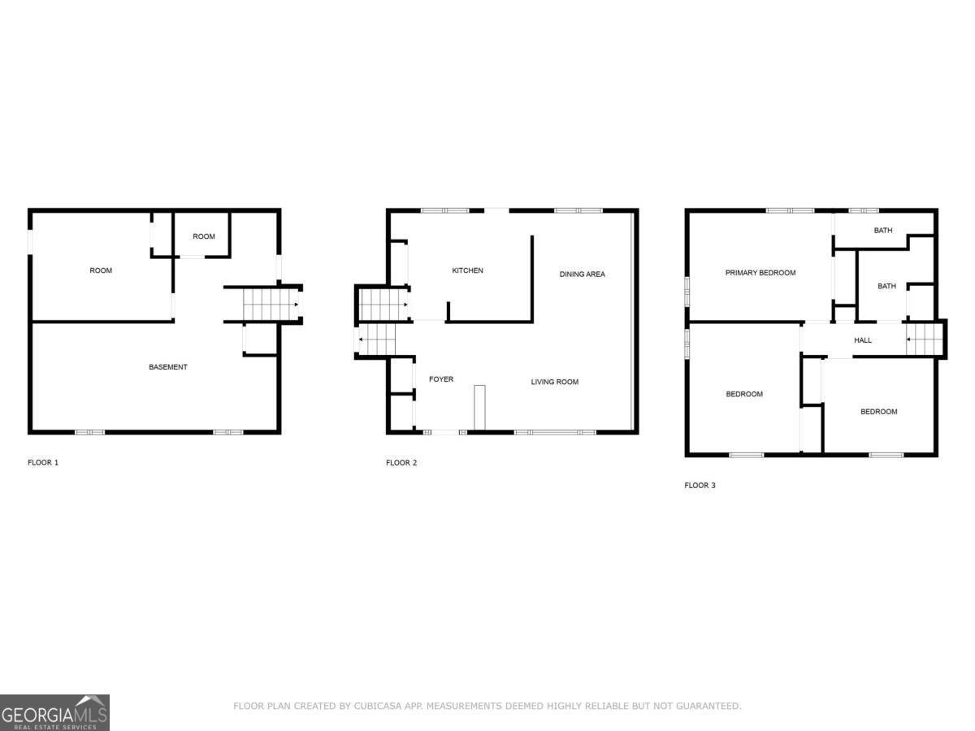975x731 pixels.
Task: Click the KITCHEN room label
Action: (467, 270)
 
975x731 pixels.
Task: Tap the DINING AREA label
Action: (582, 275)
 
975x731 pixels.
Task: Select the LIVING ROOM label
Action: (554, 382)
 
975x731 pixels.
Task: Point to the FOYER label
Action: (441, 379)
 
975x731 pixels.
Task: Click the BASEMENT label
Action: (168, 367)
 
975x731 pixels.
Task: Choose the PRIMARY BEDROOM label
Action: (760, 273)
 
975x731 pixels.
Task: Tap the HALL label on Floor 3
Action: (862, 340)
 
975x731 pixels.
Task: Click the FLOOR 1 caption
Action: (43, 463)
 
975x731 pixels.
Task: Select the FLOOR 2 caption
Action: (401, 463)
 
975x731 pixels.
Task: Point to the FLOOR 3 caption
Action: (700, 486)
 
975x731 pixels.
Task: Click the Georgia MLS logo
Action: (54, 712)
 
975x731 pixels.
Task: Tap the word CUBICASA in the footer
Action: (376, 707)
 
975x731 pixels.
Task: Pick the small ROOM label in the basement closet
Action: (204, 236)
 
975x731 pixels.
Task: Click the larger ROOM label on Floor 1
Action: (101, 270)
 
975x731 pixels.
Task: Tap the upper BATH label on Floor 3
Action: (883, 231)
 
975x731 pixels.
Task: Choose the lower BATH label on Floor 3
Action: (886, 286)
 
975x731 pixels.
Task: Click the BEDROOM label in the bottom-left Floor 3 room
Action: (743, 395)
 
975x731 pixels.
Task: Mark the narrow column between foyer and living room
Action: (479, 407)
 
